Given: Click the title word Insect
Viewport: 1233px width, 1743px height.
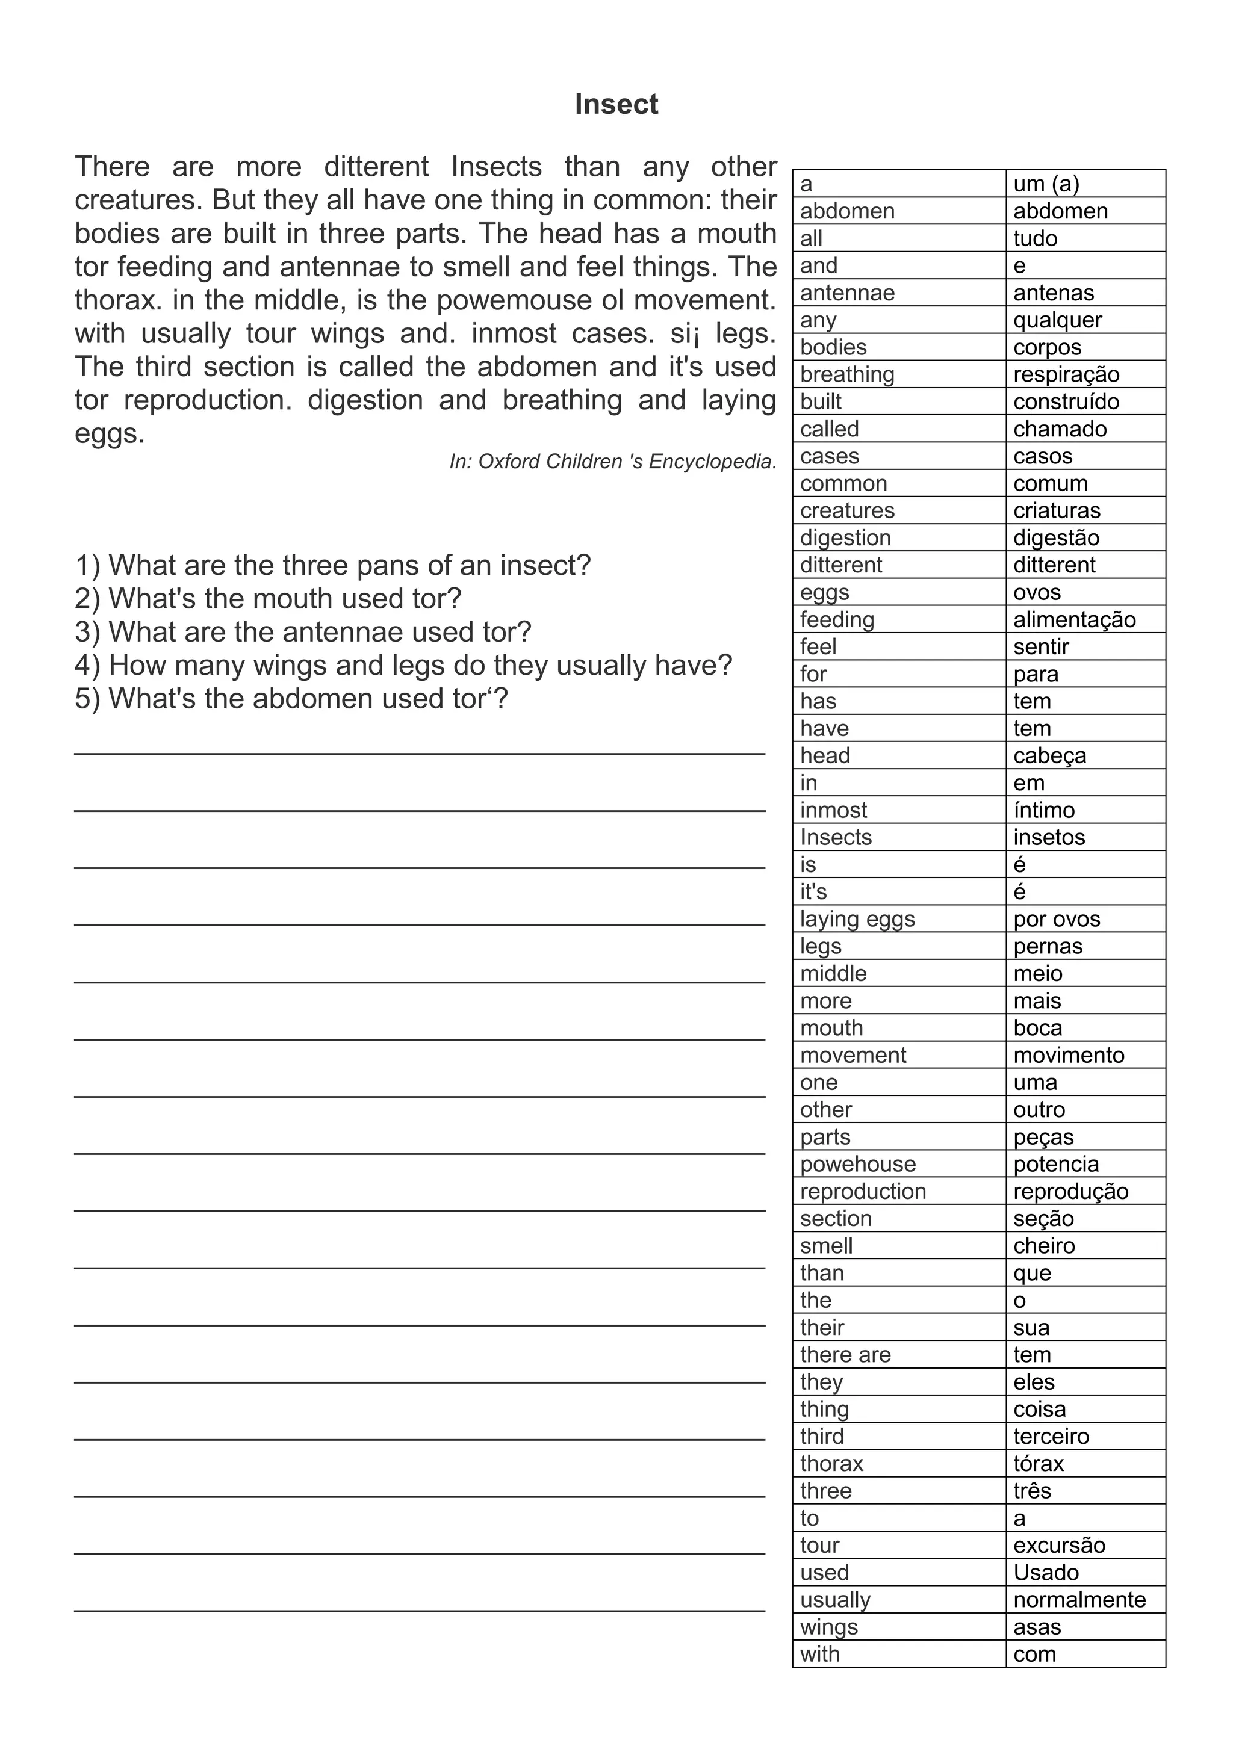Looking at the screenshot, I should tap(616, 104).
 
